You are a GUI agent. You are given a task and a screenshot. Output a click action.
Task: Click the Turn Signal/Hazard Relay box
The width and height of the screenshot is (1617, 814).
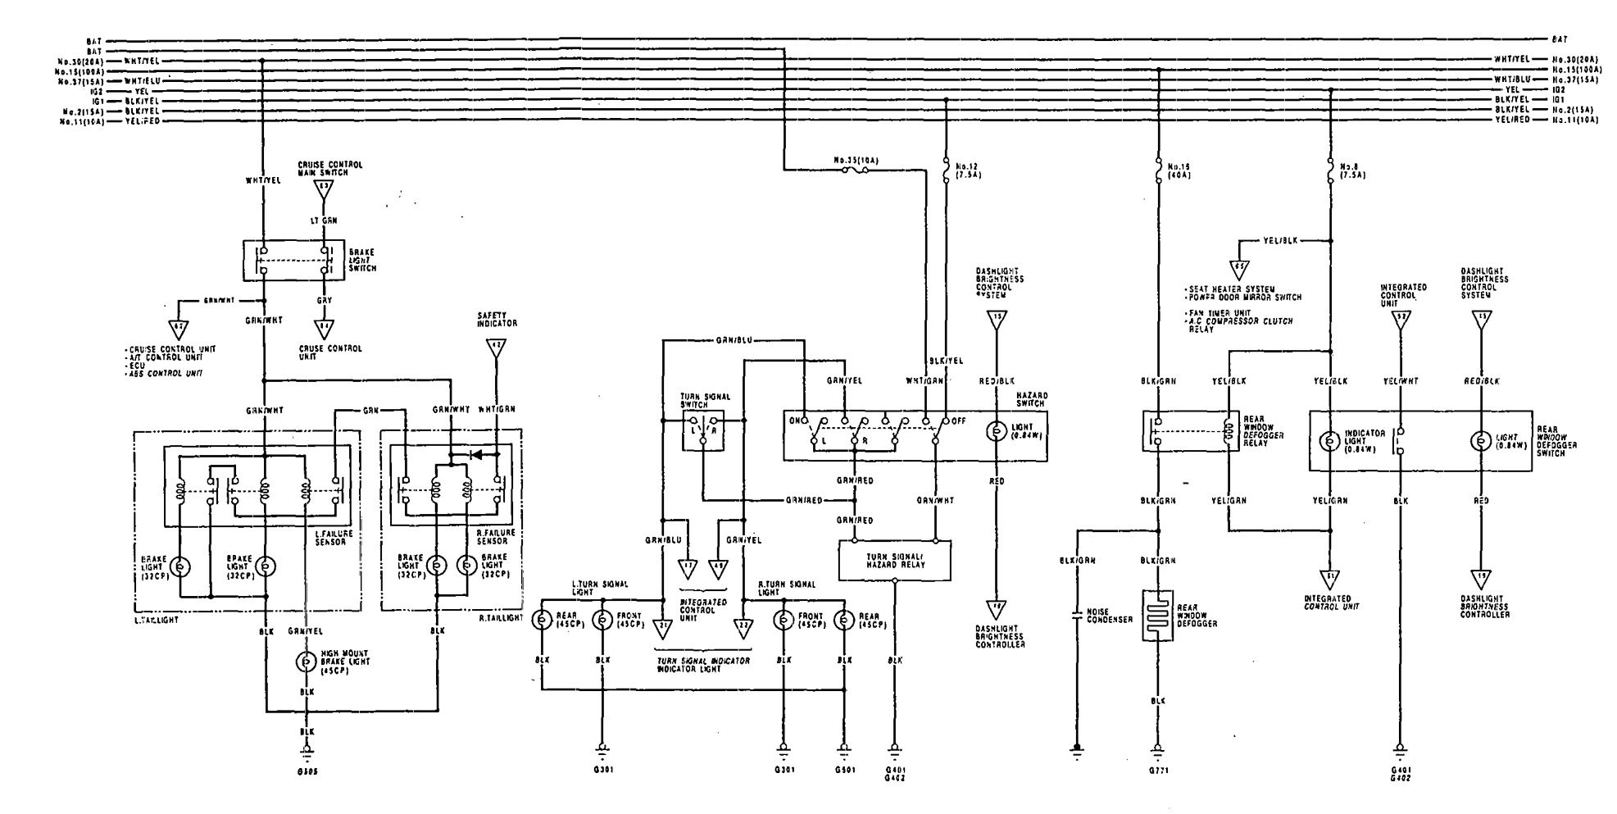pyautogui.click(x=895, y=561)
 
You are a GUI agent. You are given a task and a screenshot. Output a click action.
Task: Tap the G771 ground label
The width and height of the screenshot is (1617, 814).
pyautogui.click(x=1157, y=771)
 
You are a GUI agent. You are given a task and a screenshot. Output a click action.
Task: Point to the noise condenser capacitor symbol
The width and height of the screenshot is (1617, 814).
pyautogui.click(x=1077, y=615)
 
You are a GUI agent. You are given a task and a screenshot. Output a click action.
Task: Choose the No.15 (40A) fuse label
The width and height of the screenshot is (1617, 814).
pyautogui.click(x=1178, y=170)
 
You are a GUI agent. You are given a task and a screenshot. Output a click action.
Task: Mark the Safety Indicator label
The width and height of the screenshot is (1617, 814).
pyautogui.click(x=495, y=319)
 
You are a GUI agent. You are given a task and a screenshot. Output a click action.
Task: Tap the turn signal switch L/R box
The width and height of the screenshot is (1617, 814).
pyautogui.click(x=702, y=431)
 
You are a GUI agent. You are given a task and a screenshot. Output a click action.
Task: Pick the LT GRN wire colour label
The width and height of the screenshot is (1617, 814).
pyautogui.click(x=323, y=220)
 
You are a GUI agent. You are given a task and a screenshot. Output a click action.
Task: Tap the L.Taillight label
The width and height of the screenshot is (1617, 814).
pyautogui.click(x=157, y=620)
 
